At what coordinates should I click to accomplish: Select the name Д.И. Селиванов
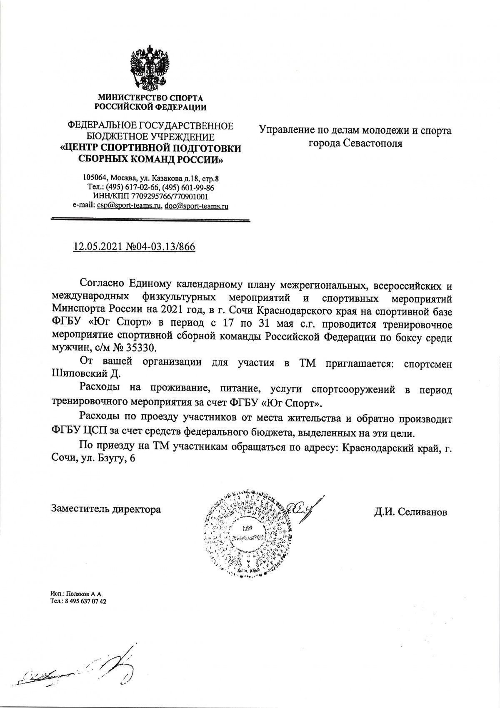[x=410, y=511]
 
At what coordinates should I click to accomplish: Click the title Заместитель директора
[x=106, y=509]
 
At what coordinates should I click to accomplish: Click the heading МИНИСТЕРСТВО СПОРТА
[x=150, y=98]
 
